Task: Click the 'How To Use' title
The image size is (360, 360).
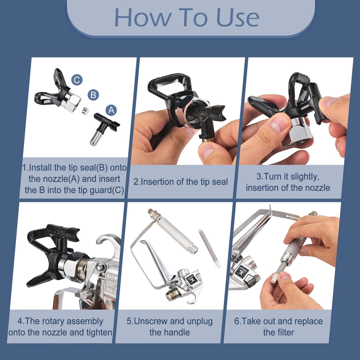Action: tap(186, 18)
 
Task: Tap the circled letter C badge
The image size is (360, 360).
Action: tap(77, 80)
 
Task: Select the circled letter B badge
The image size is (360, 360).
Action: tap(93, 95)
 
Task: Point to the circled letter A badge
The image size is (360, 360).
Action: tap(111, 110)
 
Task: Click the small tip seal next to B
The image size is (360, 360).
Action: tap(86, 111)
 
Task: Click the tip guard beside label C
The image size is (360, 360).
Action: tap(57, 92)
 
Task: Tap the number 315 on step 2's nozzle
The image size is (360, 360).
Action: tap(203, 113)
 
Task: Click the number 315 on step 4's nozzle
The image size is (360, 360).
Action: tap(60, 232)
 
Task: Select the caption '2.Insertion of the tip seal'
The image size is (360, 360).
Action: tap(181, 181)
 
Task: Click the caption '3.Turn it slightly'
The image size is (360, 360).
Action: tap(288, 176)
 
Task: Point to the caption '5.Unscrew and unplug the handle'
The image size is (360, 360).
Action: tap(170, 327)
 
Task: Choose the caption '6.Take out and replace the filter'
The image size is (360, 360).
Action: tap(279, 327)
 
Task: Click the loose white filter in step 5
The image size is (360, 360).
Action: tap(210, 248)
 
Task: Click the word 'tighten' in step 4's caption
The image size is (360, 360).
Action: tap(99, 332)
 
